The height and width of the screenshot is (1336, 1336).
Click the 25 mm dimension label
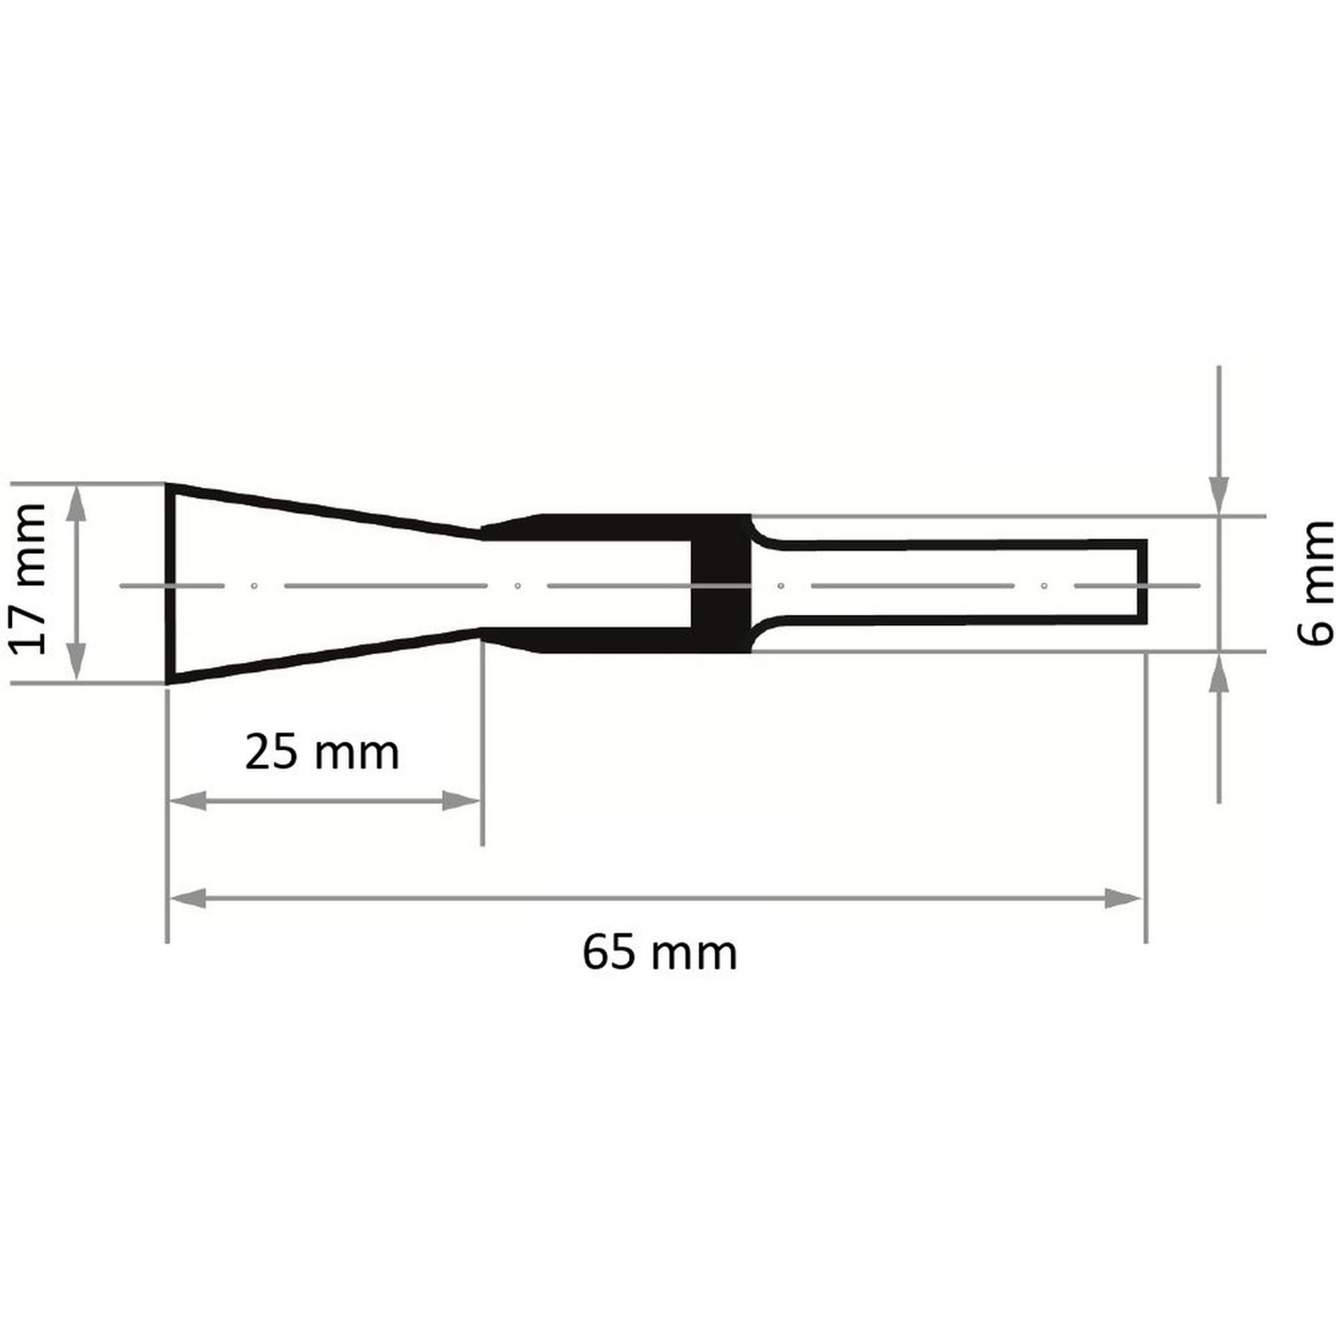tap(322, 753)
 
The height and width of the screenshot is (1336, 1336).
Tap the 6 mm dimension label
tap(1315, 583)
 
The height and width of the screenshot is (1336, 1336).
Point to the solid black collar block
tap(721, 583)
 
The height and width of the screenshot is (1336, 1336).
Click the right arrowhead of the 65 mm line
tap(1122, 899)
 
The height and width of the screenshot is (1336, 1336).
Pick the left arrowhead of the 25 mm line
tap(188, 802)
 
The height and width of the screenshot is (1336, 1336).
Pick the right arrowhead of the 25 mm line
tap(461, 802)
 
